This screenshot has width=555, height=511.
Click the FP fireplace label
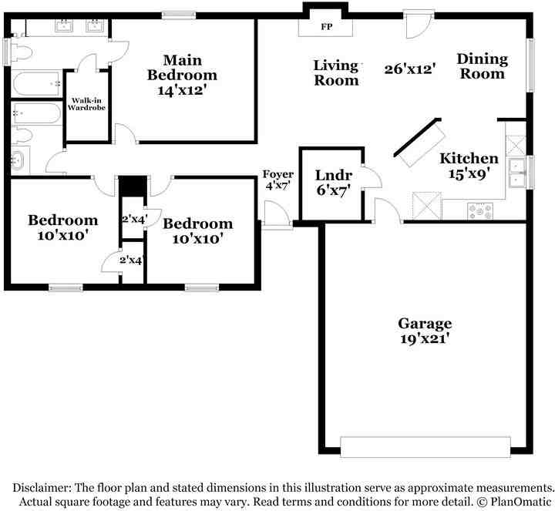click(325, 26)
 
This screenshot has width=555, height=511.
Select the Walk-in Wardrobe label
click(86, 104)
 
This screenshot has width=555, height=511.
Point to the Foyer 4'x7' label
click(277, 180)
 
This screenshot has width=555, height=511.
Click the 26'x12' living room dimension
click(411, 68)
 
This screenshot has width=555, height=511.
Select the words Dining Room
click(482, 66)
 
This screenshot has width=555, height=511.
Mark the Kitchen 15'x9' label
click(469, 166)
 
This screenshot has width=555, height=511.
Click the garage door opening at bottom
click(425, 447)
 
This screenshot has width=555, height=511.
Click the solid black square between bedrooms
click(132, 187)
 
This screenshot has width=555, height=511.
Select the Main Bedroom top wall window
click(179, 14)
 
